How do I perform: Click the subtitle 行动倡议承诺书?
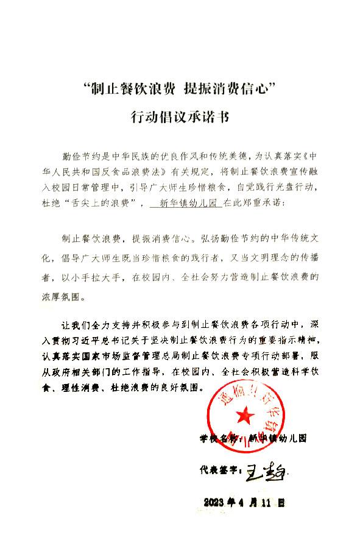point(180,116)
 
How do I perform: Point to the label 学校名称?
point(217,438)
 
